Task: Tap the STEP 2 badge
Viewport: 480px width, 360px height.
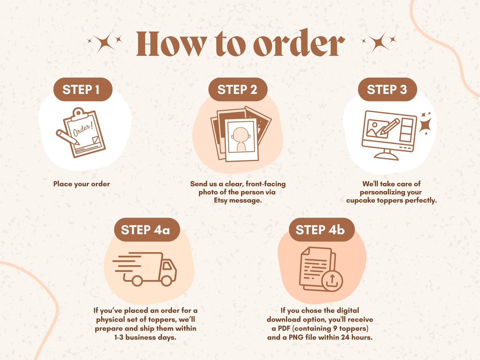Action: (x=238, y=90)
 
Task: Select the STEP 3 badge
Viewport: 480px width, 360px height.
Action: (x=387, y=90)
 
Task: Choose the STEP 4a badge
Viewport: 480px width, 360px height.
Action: (x=147, y=230)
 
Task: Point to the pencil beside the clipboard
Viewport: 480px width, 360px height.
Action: (x=67, y=137)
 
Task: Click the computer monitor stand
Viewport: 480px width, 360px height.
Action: (x=386, y=155)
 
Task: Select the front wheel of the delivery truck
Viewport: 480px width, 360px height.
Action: (x=166, y=280)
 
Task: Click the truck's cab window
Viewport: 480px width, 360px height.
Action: (x=167, y=265)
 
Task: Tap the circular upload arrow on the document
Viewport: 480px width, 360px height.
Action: (x=332, y=281)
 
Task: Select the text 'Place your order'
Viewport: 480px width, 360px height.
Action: (x=82, y=184)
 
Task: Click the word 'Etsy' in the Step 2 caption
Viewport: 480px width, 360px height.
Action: (x=220, y=201)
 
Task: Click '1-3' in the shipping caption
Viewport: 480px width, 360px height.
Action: (x=119, y=337)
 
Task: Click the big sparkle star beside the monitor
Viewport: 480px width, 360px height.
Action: (x=426, y=125)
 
